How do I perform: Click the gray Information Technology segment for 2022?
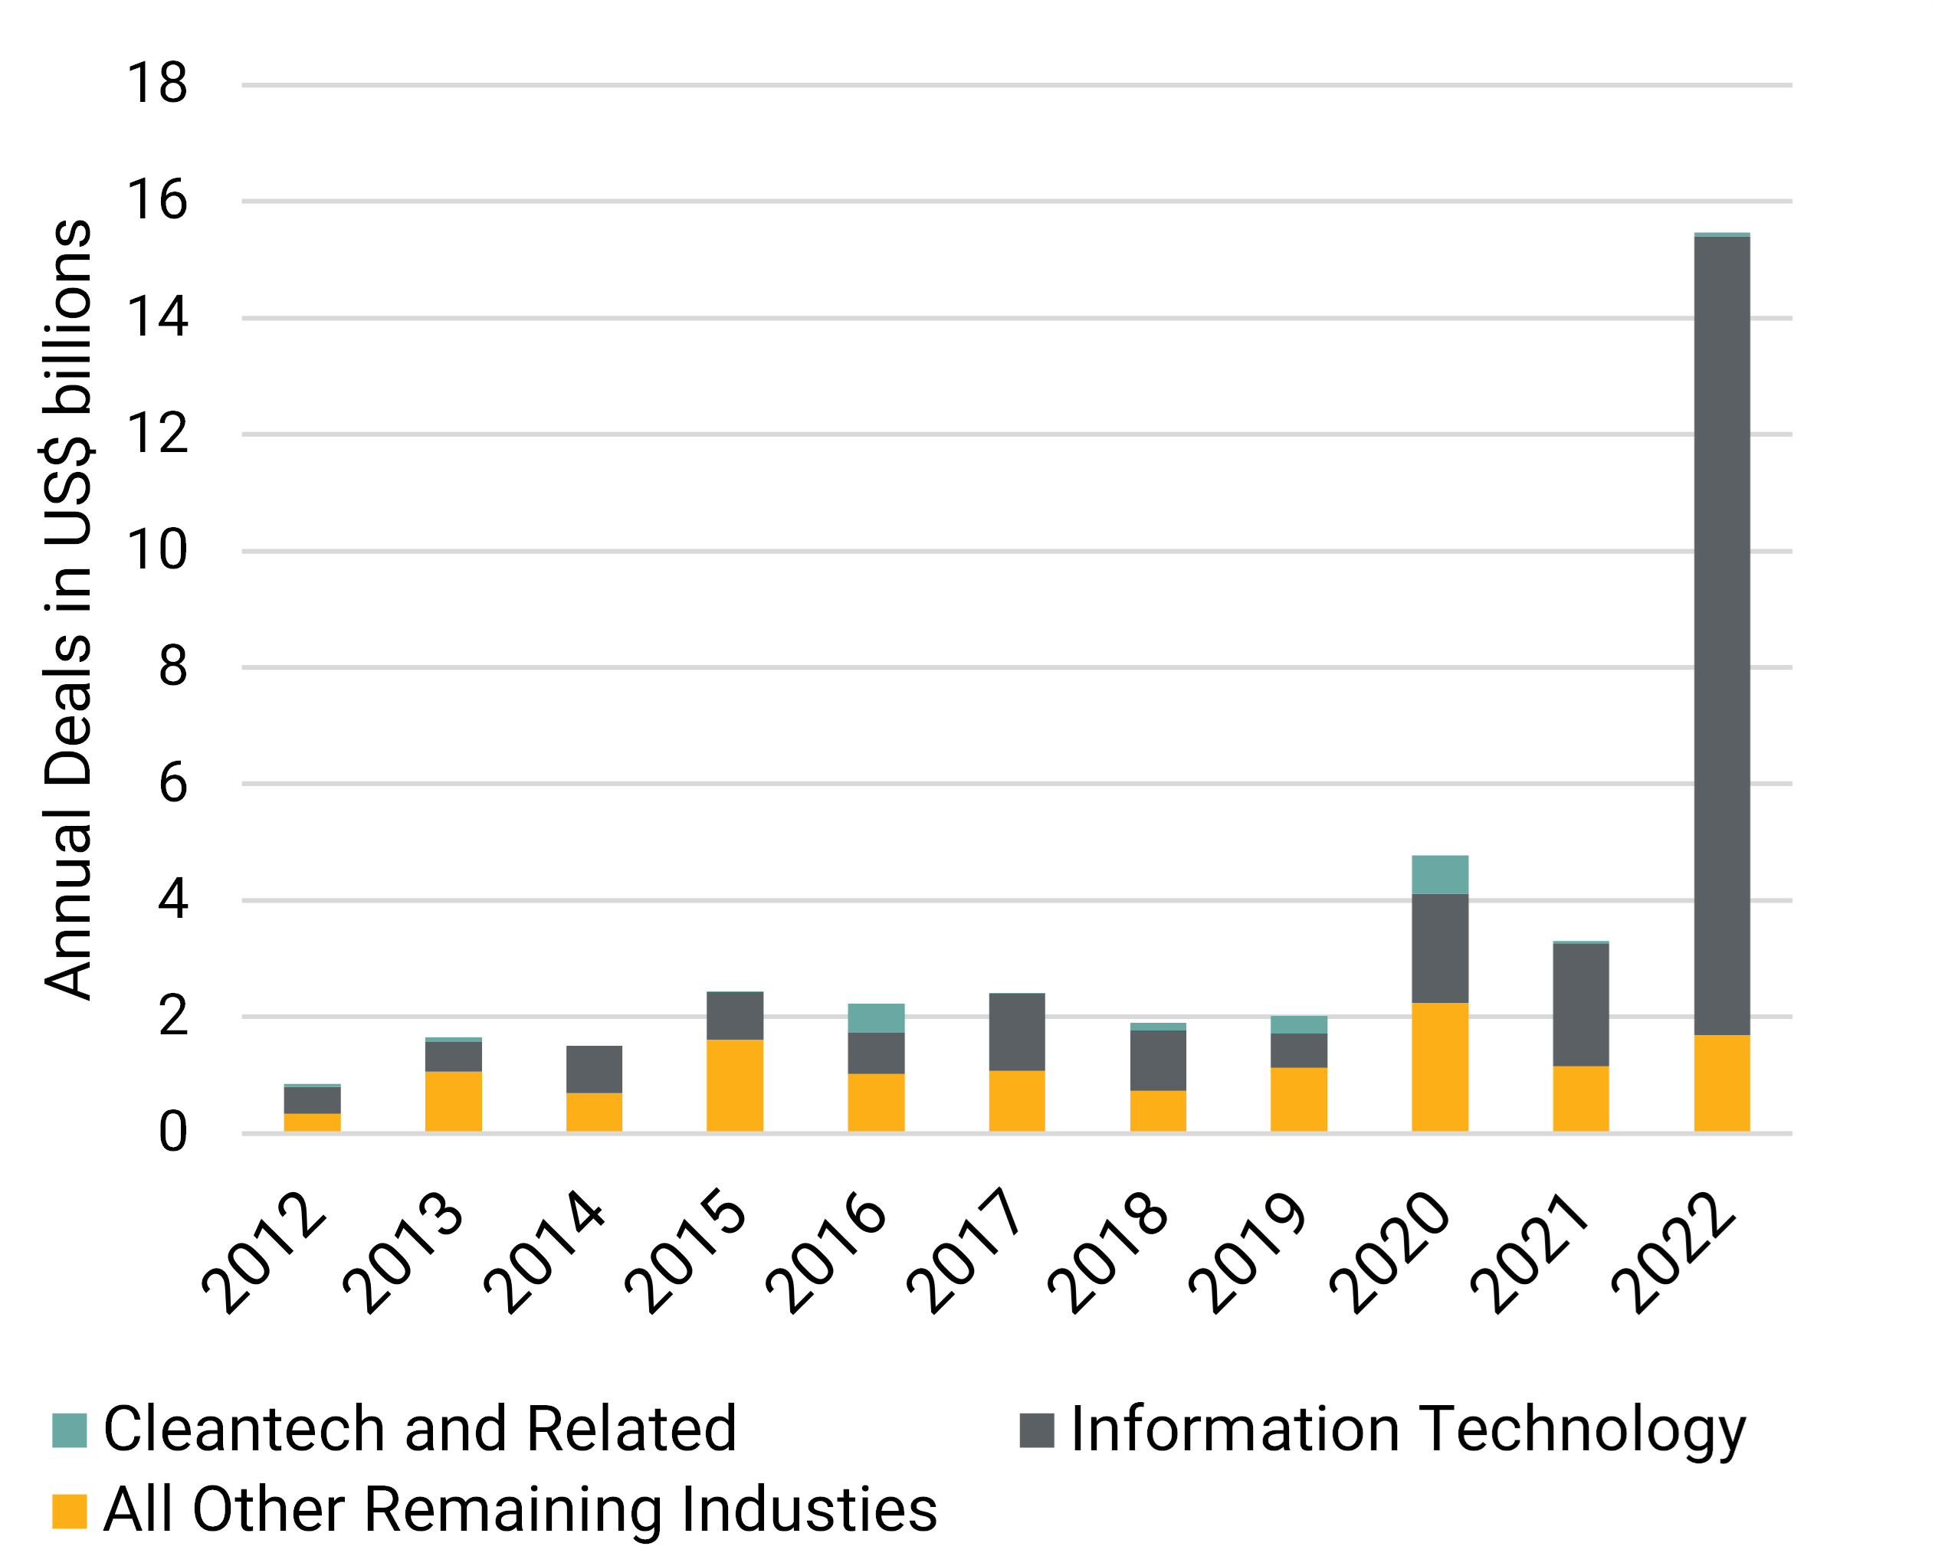(x=1721, y=635)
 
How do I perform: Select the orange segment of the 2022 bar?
(x=1721, y=1083)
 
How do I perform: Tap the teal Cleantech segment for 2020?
(x=1440, y=874)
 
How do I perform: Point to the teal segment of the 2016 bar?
(x=876, y=1017)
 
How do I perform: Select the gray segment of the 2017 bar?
(x=1017, y=1031)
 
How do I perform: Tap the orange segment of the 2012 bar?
(x=312, y=1122)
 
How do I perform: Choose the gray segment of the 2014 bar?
(x=594, y=1069)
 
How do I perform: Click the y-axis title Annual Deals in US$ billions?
(x=68, y=609)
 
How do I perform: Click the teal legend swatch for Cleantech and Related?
(x=70, y=1430)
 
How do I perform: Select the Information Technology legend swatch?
(x=1037, y=1430)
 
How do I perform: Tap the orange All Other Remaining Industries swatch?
(x=70, y=1512)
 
